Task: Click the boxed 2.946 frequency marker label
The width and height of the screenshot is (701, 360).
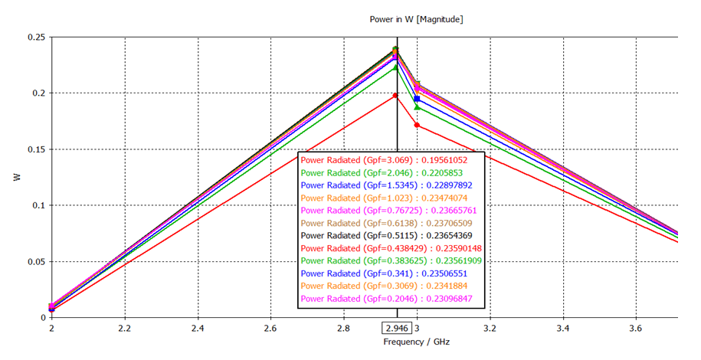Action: (x=396, y=328)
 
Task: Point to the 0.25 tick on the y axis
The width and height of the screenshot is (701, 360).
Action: (x=36, y=38)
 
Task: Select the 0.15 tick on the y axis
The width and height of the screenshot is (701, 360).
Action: (x=36, y=149)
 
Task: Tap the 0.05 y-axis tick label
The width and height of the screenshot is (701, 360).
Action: (x=36, y=262)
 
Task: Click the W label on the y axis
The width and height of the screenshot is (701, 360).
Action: (x=17, y=177)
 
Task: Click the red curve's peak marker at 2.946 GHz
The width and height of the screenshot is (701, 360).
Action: (x=396, y=96)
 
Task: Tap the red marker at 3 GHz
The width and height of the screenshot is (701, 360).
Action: (x=417, y=125)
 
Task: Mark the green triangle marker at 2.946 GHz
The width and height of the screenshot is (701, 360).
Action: (x=396, y=67)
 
